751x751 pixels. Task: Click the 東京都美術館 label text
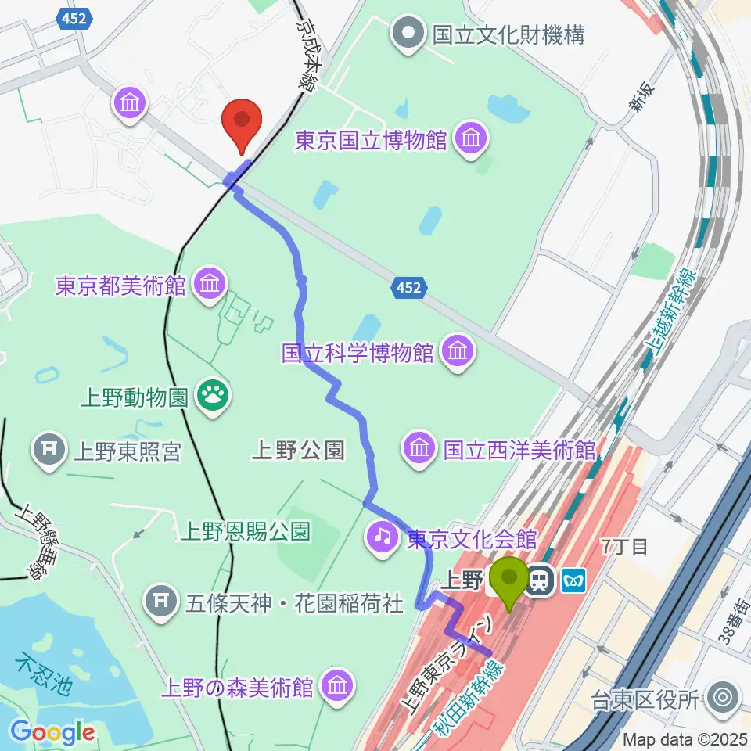120,285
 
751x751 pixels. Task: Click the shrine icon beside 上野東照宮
49,451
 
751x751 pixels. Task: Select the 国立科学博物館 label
358,354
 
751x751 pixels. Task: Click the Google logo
53,733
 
